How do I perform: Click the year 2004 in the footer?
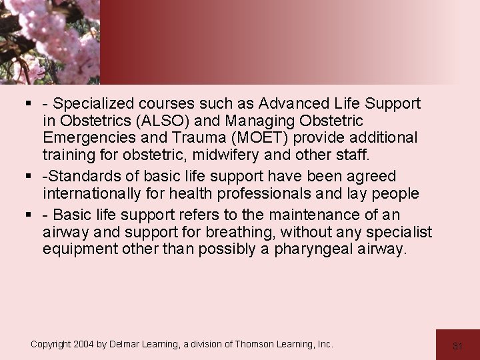coord(83,344)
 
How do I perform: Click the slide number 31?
coord(457,345)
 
